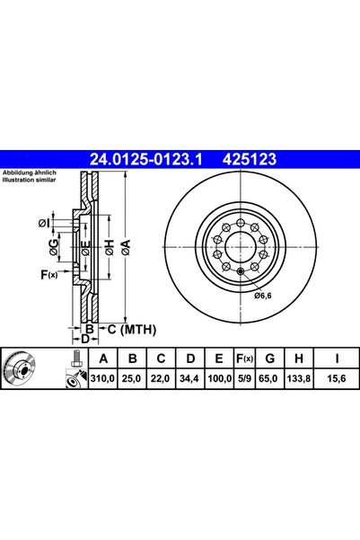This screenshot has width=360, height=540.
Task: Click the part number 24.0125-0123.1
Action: [146, 159]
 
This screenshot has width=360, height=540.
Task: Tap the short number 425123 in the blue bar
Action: [250, 159]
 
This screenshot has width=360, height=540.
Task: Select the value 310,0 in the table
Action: [102, 379]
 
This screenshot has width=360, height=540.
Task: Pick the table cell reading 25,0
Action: [131, 379]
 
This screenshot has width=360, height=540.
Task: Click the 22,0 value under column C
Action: [161, 379]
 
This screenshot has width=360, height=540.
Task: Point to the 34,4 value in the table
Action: [189, 379]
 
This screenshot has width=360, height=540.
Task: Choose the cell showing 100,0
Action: [219, 379]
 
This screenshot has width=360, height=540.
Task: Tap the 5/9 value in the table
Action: [244, 379]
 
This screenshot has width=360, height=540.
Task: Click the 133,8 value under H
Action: [298, 379]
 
